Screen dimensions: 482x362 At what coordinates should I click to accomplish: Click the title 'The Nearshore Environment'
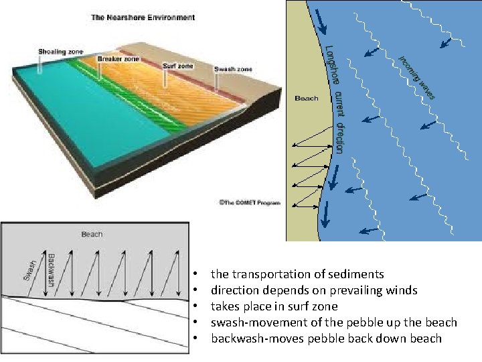pos(143,17)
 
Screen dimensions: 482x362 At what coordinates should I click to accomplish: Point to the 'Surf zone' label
pos(177,66)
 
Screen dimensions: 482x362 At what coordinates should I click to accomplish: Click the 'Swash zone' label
pos(232,68)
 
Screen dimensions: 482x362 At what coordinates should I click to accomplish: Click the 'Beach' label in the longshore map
pos(307,99)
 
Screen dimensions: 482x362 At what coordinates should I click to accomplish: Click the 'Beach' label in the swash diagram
pos(92,234)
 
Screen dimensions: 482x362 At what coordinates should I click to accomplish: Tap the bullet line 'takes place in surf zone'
pos(274,306)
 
